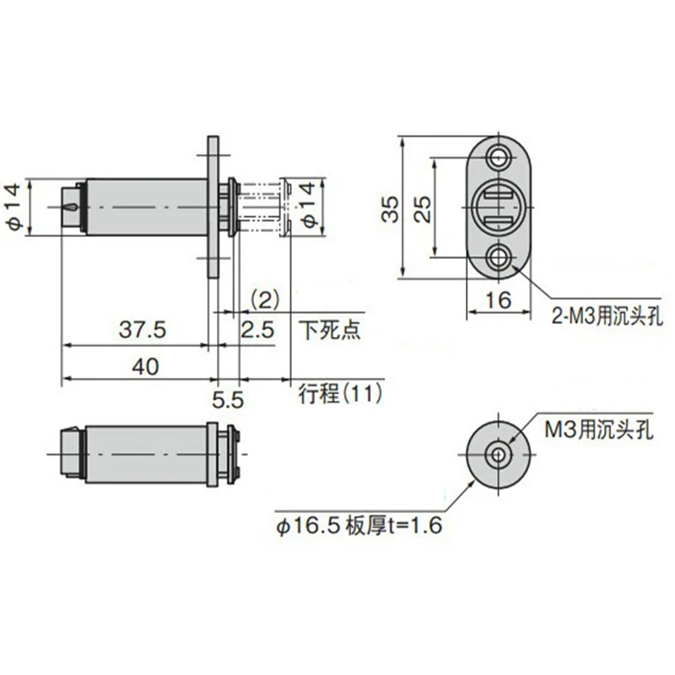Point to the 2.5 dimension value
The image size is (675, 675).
click(256, 330)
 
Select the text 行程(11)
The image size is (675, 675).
click(341, 392)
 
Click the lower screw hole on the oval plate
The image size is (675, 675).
click(499, 256)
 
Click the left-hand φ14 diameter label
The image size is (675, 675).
click(14, 208)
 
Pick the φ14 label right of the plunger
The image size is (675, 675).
click(309, 207)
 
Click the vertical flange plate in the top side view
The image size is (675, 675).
click(213, 207)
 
